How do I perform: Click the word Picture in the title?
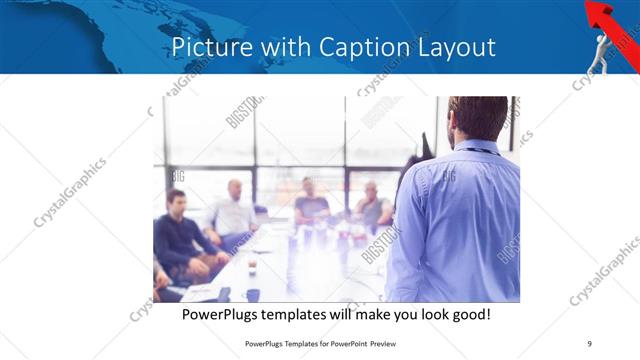(207, 47)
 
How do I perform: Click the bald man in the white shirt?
(233, 212)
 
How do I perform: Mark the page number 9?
(590, 344)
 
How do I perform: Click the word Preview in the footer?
(394, 344)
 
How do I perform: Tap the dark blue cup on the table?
(253, 295)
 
